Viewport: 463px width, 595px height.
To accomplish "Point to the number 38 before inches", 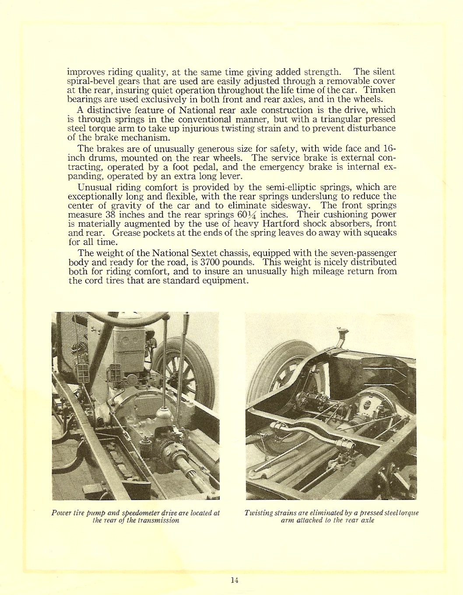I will click(109, 214).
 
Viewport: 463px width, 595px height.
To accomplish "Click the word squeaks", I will click(380, 233).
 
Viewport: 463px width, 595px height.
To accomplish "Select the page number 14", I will click(234, 580).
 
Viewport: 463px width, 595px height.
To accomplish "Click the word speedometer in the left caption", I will click(143, 513).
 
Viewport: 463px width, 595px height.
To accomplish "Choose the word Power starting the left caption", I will click(60, 513).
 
